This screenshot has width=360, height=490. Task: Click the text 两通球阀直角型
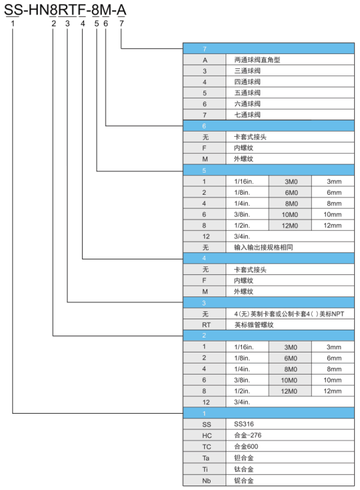(x=257, y=60)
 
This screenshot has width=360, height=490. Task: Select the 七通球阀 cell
(x=290, y=115)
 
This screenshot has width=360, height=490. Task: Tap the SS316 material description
(x=244, y=424)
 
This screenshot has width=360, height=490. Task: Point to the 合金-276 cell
(x=290, y=435)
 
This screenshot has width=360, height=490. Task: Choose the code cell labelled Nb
(x=205, y=481)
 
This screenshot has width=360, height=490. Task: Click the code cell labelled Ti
(x=205, y=469)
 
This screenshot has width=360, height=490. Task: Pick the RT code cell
(x=205, y=324)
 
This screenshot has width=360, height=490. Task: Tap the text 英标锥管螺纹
(x=254, y=324)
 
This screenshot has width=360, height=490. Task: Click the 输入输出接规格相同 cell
(x=290, y=247)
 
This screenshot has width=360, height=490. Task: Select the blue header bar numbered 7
(x=269, y=49)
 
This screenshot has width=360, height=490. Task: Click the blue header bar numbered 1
(x=269, y=413)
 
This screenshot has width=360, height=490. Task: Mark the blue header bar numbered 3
(x=269, y=302)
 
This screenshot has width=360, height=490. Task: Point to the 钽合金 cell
(x=290, y=458)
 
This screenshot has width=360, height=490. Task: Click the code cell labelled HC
(x=205, y=435)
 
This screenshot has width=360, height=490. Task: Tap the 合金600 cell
(x=290, y=446)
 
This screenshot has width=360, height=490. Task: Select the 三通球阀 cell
(x=290, y=70)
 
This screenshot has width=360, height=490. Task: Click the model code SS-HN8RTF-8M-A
(x=65, y=10)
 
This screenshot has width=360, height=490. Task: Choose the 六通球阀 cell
(x=290, y=104)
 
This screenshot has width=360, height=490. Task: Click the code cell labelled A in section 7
(x=205, y=60)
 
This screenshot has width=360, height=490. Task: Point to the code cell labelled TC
(x=205, y=446)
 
